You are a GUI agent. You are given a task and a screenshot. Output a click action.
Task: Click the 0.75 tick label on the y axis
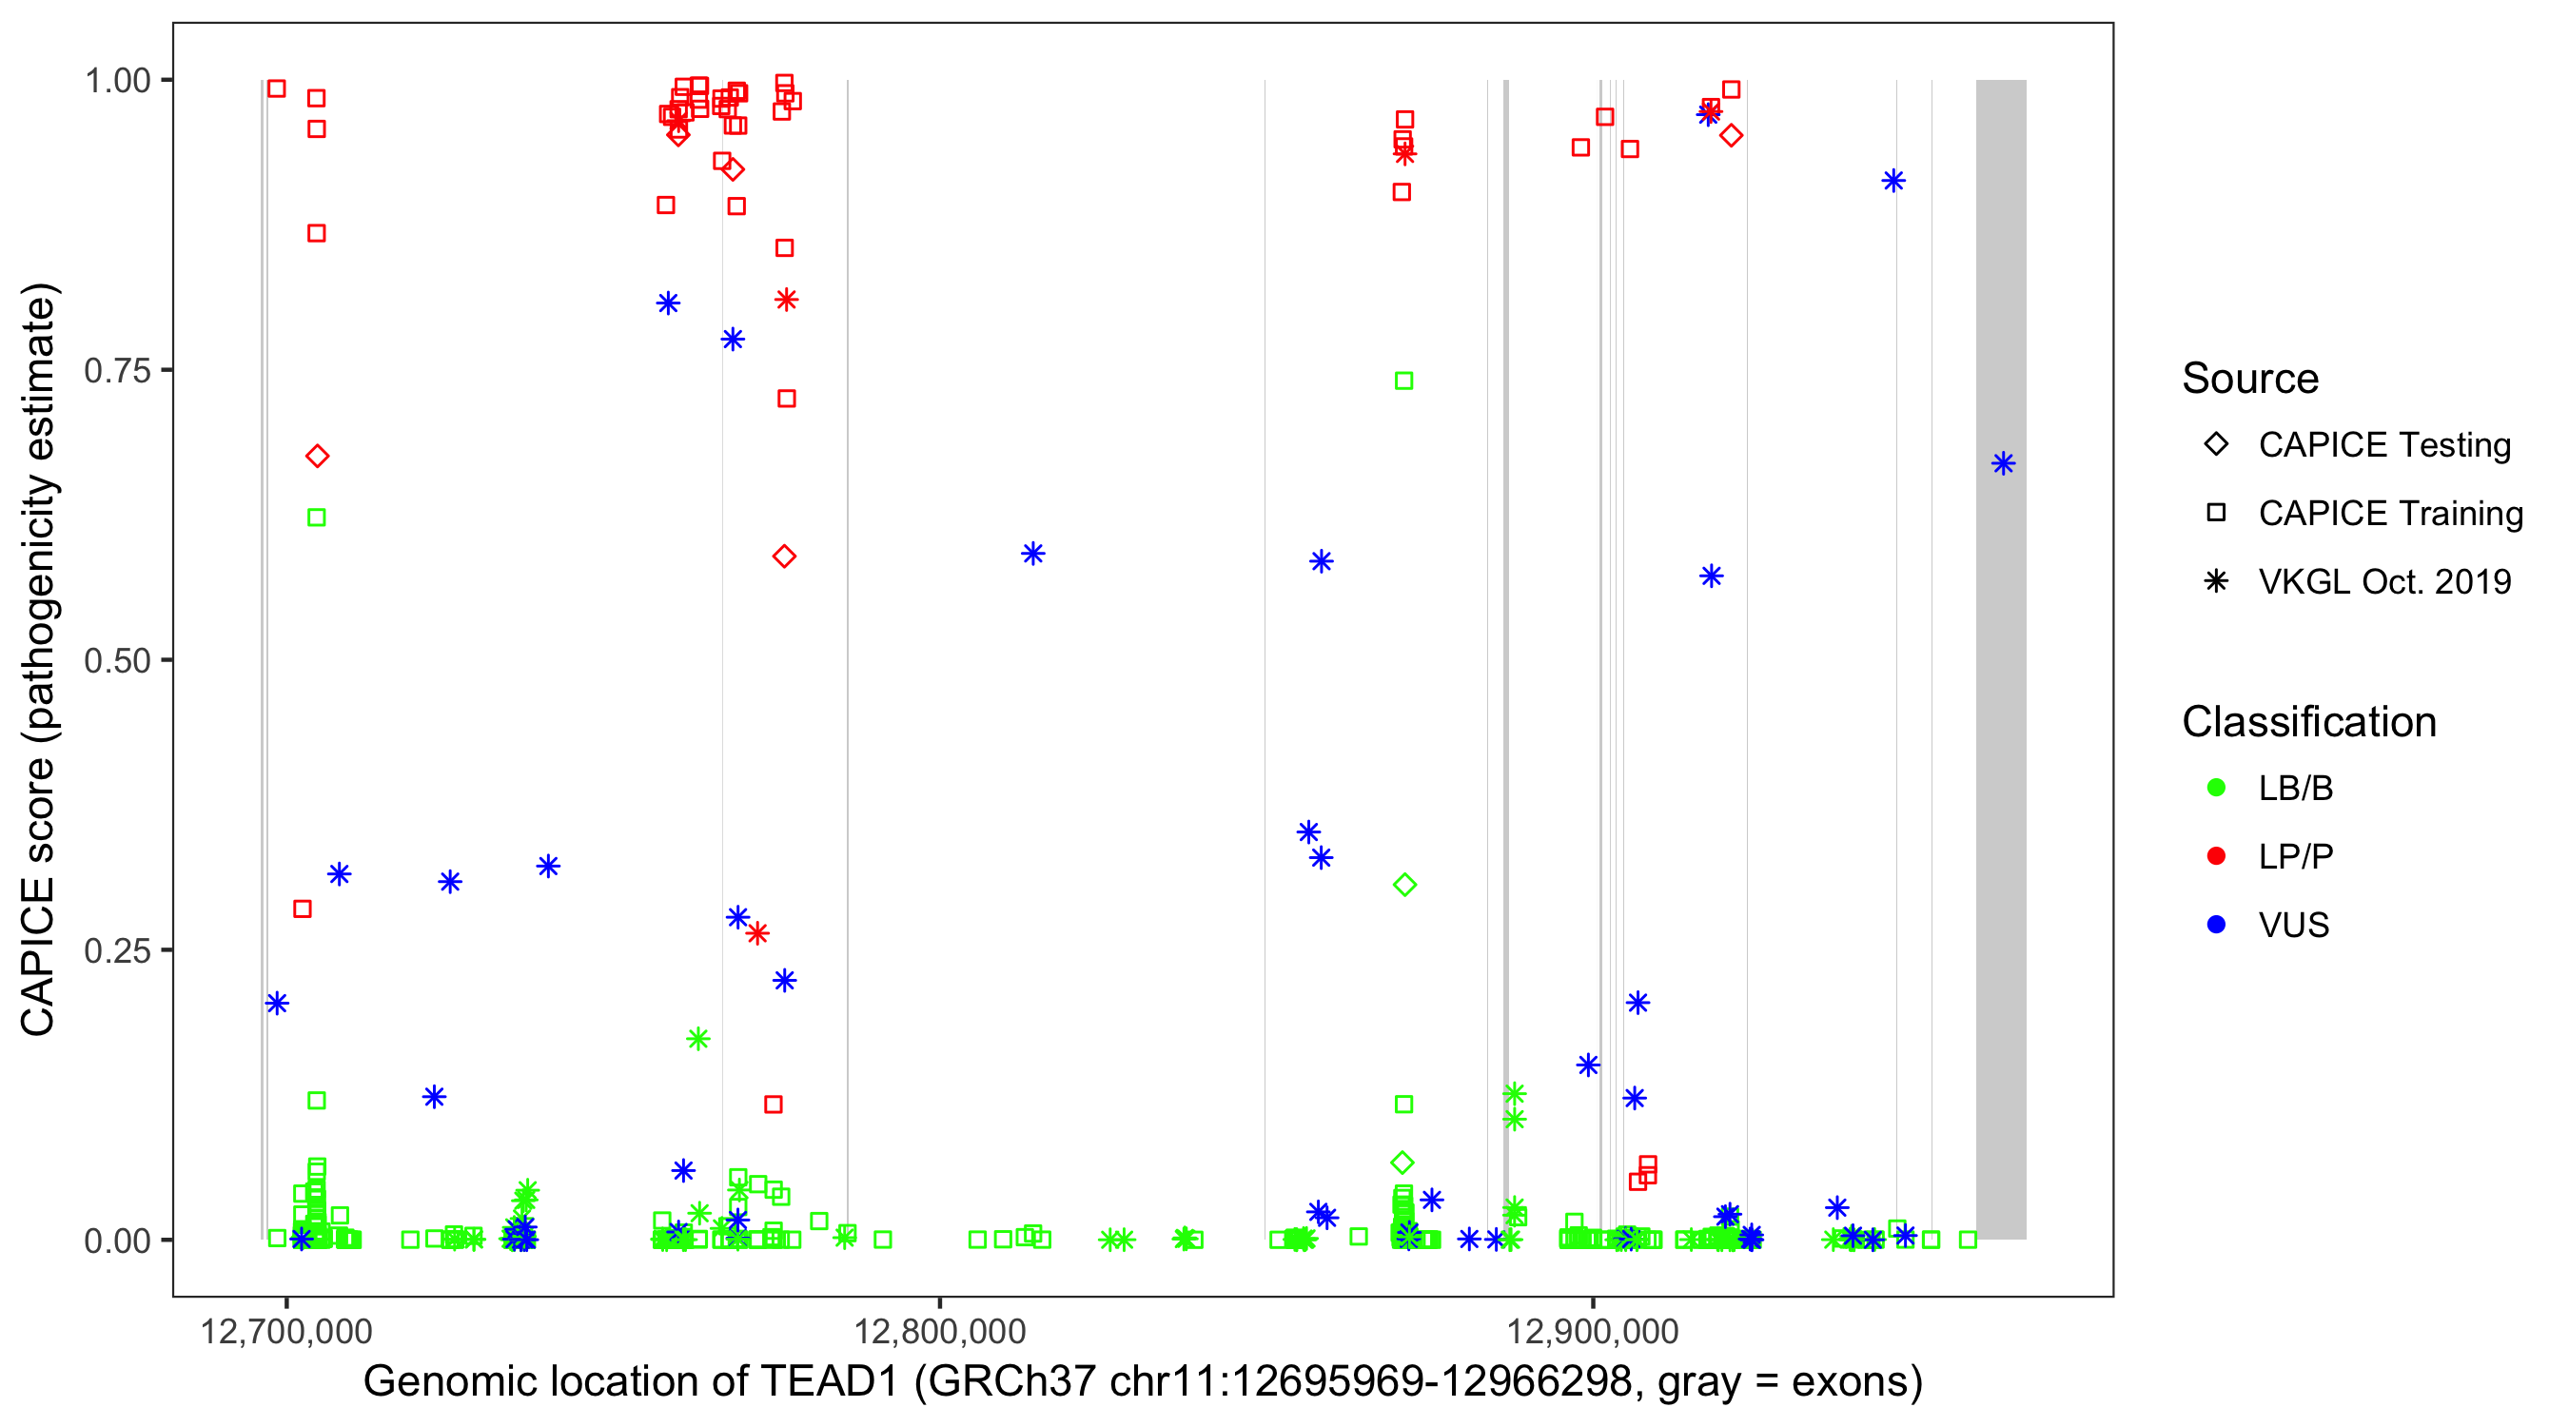(x=117, y=371)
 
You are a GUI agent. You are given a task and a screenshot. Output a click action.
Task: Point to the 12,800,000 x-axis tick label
(x=939, y=1331)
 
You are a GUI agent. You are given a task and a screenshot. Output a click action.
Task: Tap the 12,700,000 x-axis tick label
(x=286, y=1331)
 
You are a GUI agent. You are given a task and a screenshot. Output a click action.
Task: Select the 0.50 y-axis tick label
(x=117, y=661)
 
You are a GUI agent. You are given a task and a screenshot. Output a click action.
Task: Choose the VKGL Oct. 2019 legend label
(x=2384, y=581)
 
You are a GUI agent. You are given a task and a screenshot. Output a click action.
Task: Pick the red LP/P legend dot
(x=2216, y=856)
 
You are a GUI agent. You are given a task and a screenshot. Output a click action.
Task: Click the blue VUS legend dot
(x=2216, y=926)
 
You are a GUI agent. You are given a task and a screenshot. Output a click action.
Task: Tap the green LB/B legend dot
(x=2216, y=788)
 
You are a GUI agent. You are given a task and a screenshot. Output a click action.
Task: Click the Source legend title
(x=2250, y=379)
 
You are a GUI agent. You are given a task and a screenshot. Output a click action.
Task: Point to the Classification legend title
(x=2308, y=722)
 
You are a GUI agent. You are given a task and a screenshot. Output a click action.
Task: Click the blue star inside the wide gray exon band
(x=2003, y=463)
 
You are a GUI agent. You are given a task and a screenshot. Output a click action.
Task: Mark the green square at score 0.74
(x=1403, y=381)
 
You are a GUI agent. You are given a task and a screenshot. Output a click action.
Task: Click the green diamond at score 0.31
(x=1404, y=885)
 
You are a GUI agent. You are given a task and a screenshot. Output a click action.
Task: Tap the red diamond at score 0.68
(x=317, y=457)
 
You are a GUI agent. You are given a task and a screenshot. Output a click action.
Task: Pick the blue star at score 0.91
(x=1892, y=182)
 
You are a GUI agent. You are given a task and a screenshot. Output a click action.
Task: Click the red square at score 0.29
(x=303, y=909)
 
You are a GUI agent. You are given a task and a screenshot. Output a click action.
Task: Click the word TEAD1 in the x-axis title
(x=830, y=1382)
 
